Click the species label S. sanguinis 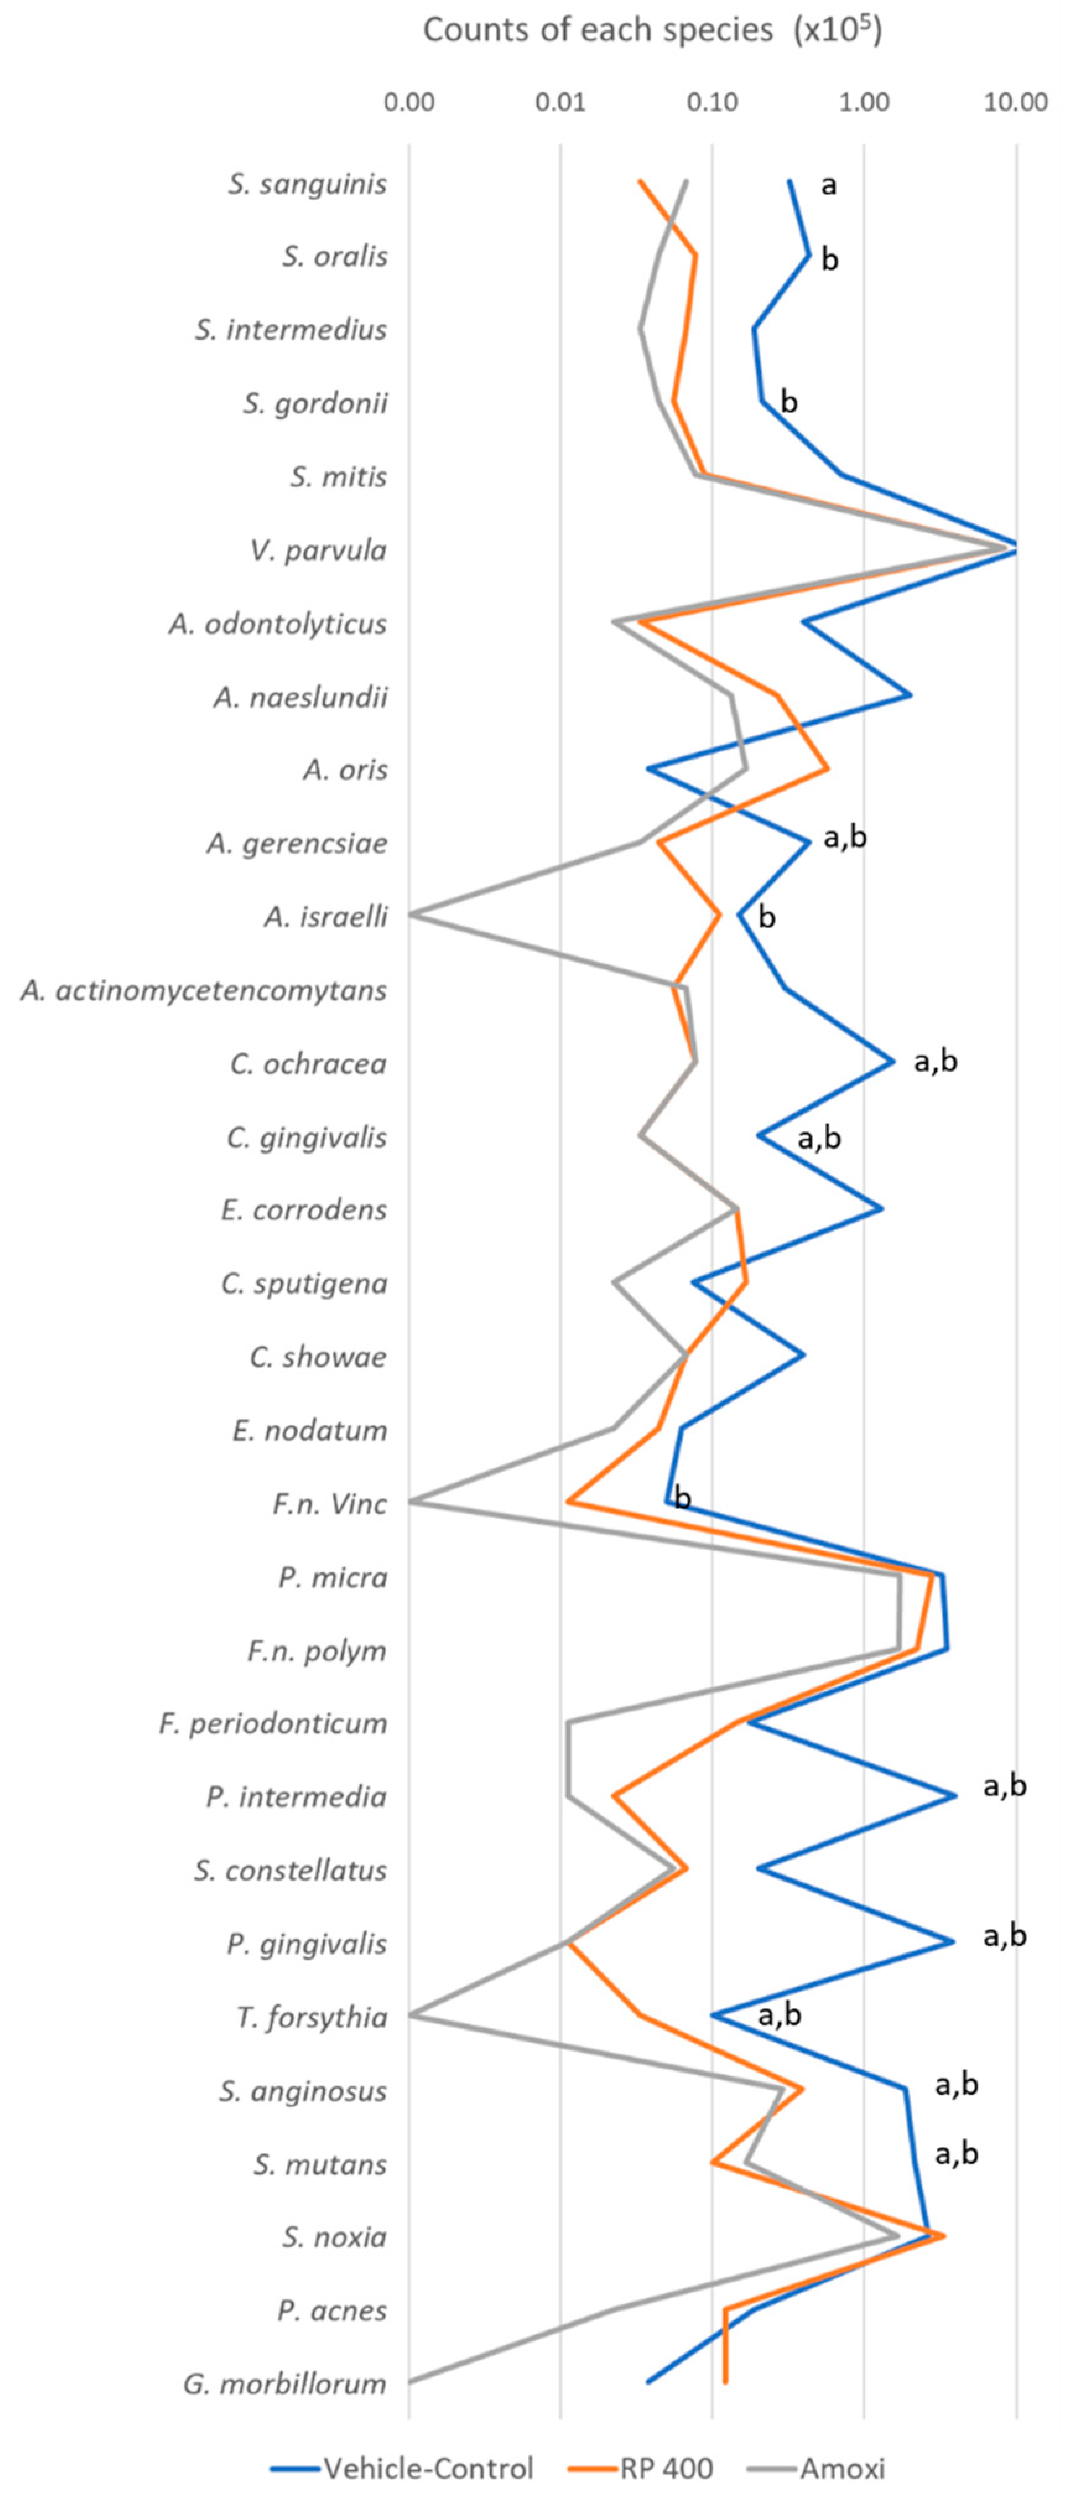308,184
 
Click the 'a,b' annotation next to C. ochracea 935,1061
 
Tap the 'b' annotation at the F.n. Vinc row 683,1499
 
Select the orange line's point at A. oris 827,769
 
